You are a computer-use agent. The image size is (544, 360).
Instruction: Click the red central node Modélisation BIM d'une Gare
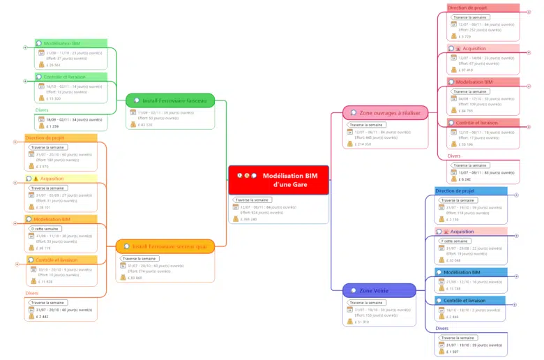click(x=278, y=180)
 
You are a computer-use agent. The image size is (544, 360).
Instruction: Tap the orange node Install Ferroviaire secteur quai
click(x=165, y=246)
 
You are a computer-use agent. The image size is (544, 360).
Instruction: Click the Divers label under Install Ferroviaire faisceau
click(x=42, y=110)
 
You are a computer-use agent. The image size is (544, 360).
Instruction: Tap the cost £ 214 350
click(x=363, y=144)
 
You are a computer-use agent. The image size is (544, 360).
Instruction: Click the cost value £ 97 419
click(x=467, y=70)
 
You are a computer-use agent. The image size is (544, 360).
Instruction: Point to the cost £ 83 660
click(x=135, y=277)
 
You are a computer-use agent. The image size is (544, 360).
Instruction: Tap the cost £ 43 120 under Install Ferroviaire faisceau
click(x=146, y=125)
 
